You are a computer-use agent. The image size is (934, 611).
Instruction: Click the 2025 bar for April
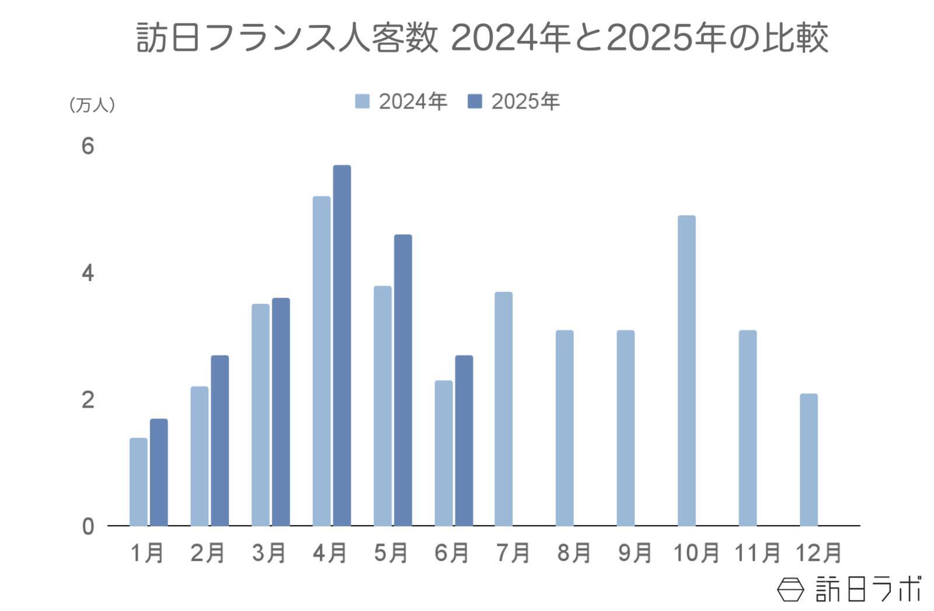(x=341, y=345)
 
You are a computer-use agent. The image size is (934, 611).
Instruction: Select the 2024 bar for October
(x=686, y=371)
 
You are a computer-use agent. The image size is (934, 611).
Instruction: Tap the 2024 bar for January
(x=138, y=481)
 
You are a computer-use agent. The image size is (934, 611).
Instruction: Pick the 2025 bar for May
(x=403, y=380)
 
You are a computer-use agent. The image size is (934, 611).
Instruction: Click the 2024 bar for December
(x=808, y=460)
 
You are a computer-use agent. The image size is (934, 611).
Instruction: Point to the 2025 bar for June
(x=464, y=441)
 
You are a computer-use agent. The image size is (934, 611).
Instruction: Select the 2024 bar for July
(x=503, y=409)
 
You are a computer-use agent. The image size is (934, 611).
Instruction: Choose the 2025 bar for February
(x=219, y=441)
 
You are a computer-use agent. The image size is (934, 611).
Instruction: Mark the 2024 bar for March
(x=260, y=415)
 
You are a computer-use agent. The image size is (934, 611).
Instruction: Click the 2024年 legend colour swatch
(x=362, y=102)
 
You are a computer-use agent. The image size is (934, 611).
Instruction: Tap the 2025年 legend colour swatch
(x=475, y=102)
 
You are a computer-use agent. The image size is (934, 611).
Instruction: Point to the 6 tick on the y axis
(x=88, y=146)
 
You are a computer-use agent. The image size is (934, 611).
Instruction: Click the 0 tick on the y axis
(x=88, y=526)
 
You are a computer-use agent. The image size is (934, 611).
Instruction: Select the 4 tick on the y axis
(x=88, y=273)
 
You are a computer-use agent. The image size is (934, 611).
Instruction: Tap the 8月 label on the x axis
(x=574, y=553)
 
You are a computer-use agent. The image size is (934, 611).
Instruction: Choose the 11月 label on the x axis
(x=757, y=553)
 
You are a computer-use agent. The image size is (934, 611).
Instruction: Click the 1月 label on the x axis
(x=147, y=553)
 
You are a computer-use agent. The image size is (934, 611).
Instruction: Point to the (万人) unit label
(x=92, y=105)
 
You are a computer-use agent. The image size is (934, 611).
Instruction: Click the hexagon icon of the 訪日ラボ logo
(x=791, y=589)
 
